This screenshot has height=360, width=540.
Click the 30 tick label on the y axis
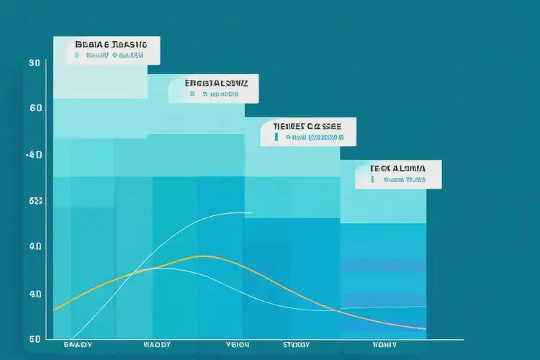[35, 63]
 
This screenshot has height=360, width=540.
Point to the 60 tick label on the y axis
[35, 108]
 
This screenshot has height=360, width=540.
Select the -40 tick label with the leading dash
[34, 155]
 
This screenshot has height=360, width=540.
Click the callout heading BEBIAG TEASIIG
[111, 45]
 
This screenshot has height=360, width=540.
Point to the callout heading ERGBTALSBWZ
[216, 84]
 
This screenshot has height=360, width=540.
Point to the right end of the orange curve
[426, 329]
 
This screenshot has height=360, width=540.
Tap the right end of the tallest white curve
[251, 212]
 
